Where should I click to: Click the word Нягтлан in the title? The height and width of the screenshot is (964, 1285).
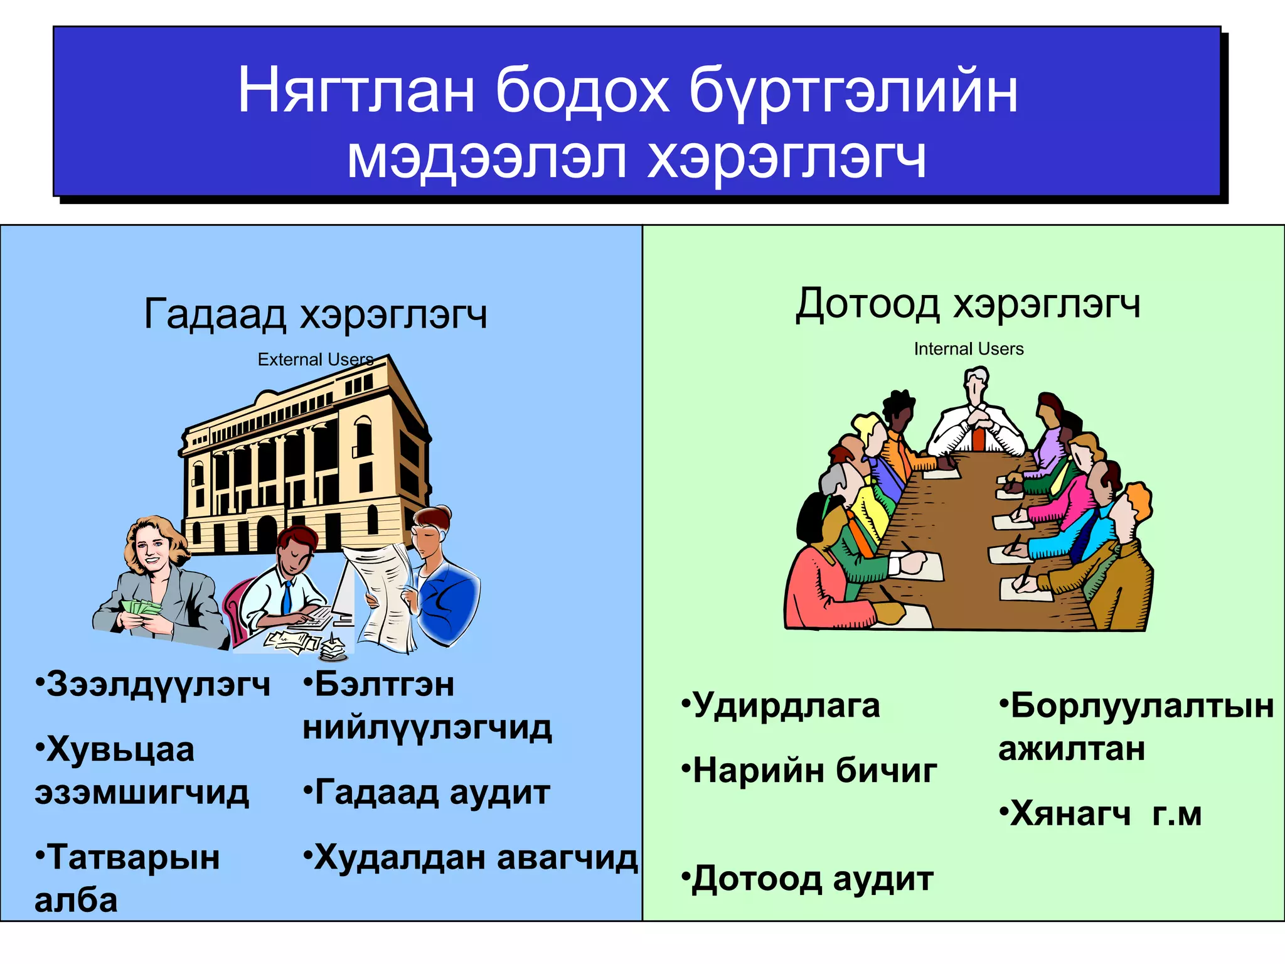pyautogui.click(x=356, y=92)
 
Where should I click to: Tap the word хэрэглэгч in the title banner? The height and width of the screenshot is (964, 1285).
pyautogui.click(x=786, y=159)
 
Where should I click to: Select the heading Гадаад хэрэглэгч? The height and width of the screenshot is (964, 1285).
pyautogui.click(x=316, y=314)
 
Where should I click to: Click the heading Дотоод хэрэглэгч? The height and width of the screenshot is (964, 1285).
pyautogui.click(x=968, y=304)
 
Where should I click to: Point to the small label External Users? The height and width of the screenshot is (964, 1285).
pyautogui.click(x=315, y=360)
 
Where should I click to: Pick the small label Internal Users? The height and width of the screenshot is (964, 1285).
pyautogui.click(x=968, y=349)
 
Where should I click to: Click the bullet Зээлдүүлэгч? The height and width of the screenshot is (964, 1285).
pyautogui.click(x=154, y=684)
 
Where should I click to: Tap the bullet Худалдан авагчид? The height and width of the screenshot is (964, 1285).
pyautogui.click(x=471, y=857)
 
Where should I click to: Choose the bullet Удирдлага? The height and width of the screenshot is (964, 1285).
pyautogui.click(x=781, y=705)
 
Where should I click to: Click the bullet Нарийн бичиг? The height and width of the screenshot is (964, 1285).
pyautogui.click(x=809, y=771)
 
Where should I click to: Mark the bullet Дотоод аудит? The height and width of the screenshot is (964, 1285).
pyautogui.click(x=808, y=879)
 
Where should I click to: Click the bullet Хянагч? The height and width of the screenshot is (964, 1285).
pyautogui.click(x=1067, y=813)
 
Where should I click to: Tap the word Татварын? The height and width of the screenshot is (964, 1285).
pyautogui.click(x=129, y=857)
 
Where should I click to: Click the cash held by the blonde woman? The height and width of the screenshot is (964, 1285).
pyautogui.click(x=141, y=608)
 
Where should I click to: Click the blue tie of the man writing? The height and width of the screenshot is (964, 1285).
pyautogui.click(x=287, y=596)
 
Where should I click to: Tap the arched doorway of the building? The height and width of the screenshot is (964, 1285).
pyautogui.click(x=267, y=533)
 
